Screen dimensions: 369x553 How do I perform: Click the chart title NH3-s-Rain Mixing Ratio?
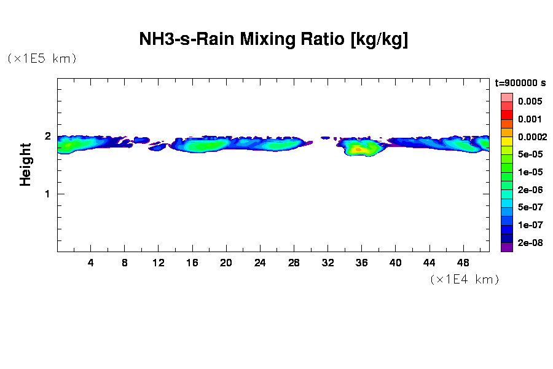[x=274, y=40]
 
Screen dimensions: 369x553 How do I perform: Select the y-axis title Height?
[x=25, y=164]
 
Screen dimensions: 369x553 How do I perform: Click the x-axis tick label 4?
[x=91, y=263]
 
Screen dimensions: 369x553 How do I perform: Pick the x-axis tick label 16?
[x=192, y=263]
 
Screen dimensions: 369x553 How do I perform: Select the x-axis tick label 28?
[x=294, y=263]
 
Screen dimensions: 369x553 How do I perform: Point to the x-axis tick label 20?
[x=226, y=263]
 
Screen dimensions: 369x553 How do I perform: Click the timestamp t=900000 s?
[x=520, y=83]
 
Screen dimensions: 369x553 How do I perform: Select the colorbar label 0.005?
[x=529, y=101]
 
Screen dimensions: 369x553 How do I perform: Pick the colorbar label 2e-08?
[x=529, y=243]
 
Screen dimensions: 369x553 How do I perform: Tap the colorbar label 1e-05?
[x=529, y=172]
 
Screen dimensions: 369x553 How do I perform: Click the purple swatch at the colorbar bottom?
[x=506, y=247]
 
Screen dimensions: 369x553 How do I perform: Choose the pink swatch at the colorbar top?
[x=506, y=97]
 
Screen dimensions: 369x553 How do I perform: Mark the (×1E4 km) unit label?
[x=465, y=279]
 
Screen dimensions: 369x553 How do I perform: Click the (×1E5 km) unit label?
[x=42, y=58]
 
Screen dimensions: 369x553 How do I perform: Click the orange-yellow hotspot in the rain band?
[x=360, y=149]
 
